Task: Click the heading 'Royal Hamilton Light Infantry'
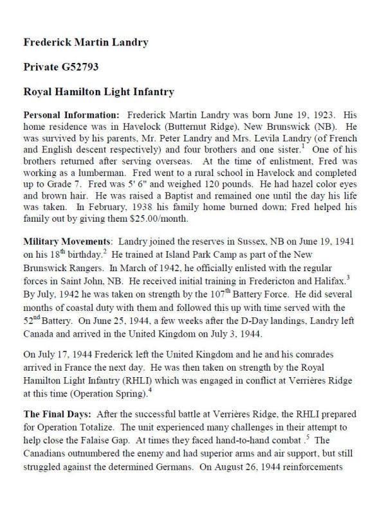click(98, 92)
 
